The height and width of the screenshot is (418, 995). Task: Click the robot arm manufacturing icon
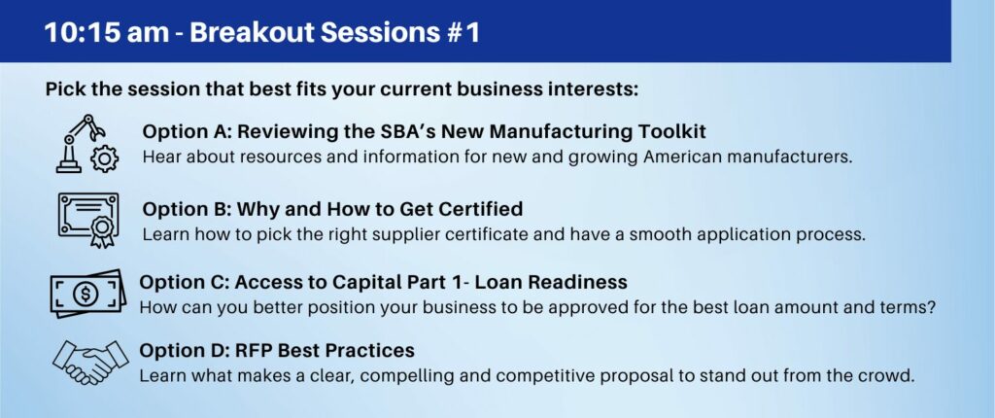pyautogui.click(x=86, y=144)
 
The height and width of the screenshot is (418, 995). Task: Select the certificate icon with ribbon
pyautogui.click(x=88, y=219)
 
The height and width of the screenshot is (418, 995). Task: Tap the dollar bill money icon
pyautogui.click(x=87, y=294)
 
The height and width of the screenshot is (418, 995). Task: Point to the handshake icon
pyautogui.click(x=90, y=363)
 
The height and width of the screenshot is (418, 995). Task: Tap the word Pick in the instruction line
pyautogui.click(x=65, y=88)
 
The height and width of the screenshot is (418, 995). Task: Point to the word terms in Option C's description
pyautogui.click(x=909, y=307)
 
